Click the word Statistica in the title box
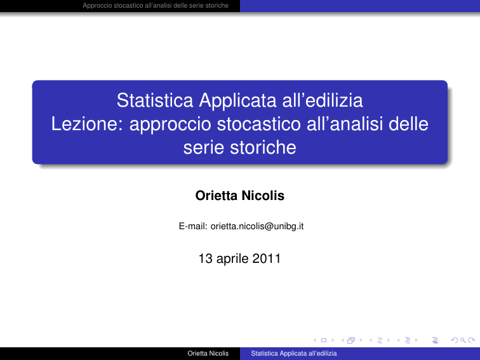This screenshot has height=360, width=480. (155, 100)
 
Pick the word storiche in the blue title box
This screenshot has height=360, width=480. (263, 147)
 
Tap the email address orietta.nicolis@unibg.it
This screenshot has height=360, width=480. (257, 226)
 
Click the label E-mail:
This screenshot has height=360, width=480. (193, 226)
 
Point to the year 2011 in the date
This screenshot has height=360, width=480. (266, 258)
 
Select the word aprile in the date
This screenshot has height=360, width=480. (232, 259)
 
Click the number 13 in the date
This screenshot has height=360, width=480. (206, 258)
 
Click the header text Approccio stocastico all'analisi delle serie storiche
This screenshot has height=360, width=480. (156, 6)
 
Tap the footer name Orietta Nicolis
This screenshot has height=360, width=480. (208, 353)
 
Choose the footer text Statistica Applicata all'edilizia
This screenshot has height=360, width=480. (294, 353)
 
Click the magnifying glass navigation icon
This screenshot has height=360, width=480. (463, 340)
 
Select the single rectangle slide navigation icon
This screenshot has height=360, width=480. (324, 340)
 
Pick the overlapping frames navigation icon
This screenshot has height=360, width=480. (351, 340)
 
